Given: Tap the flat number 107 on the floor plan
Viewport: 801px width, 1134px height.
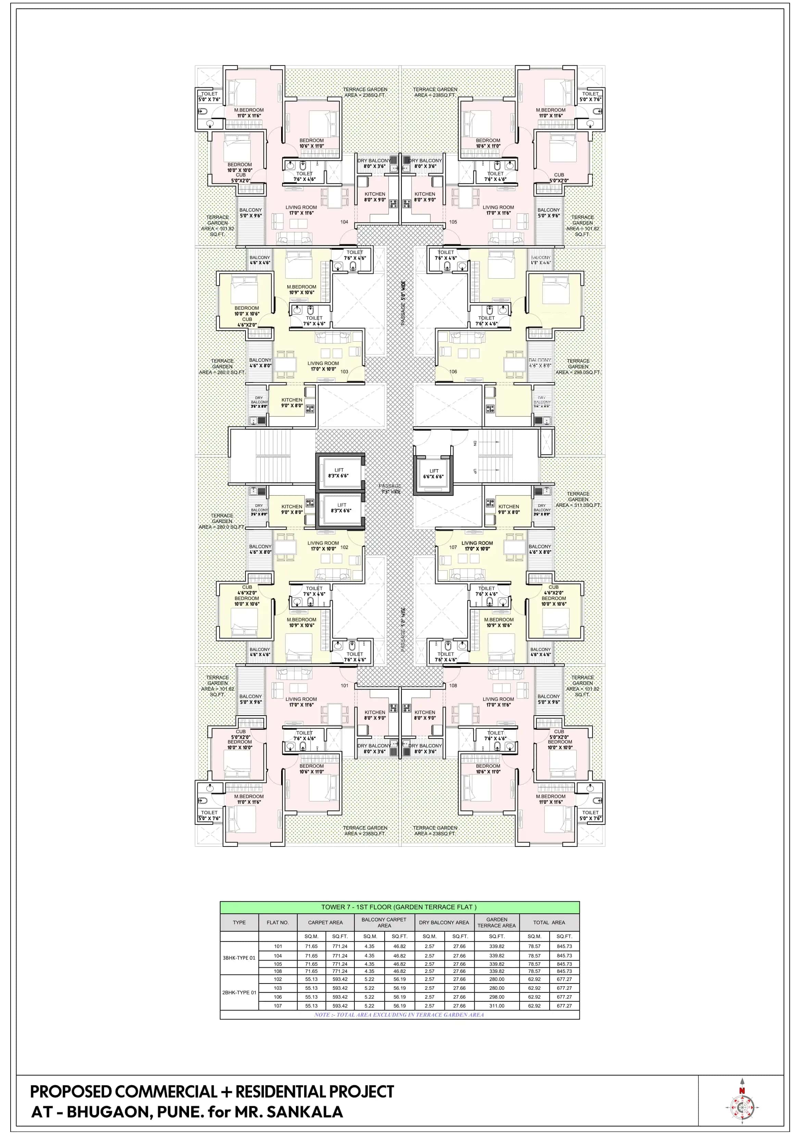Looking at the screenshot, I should [453, 547].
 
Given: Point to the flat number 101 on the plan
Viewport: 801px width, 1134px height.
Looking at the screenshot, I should [345, 685].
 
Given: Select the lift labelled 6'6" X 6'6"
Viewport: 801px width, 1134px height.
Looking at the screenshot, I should [433, 474].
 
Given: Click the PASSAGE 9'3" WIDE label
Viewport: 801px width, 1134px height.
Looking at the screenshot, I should [390, 488].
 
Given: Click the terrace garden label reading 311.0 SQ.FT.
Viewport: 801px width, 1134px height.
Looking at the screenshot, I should [578, 499].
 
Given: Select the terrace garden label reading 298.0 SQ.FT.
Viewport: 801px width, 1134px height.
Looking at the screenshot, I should [578, 366].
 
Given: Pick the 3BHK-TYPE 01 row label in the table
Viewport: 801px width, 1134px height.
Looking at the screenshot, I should [239, 958].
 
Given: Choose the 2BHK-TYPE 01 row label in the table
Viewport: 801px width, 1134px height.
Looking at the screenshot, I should [239, 992].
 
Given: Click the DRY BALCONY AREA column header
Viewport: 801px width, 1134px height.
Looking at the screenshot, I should [444, 922].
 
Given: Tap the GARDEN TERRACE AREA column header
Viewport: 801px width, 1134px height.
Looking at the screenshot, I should [497, 922].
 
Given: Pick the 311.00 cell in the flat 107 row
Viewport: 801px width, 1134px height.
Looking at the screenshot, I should [497, 1005].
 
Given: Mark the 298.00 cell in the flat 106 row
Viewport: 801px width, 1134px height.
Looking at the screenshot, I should [497, 997].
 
